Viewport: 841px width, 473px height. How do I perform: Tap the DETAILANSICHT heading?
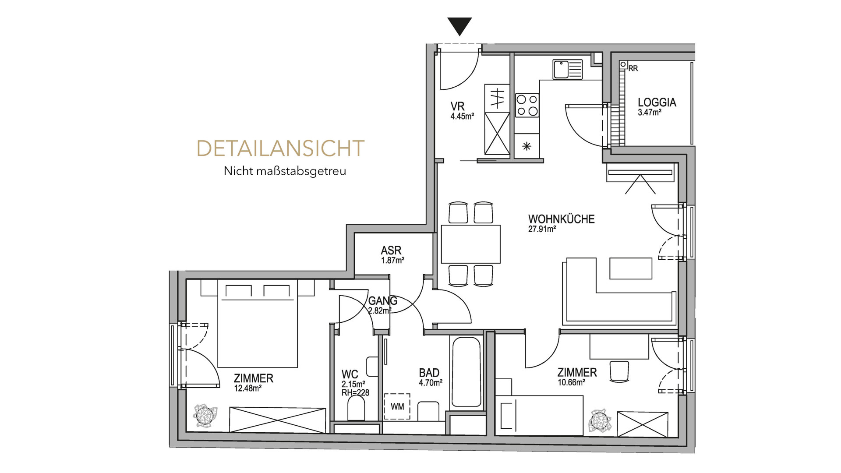(x=280, y=148)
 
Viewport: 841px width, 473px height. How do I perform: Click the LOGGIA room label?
(x=657, y=102)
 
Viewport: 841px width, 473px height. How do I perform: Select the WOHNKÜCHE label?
(x=562, y=219)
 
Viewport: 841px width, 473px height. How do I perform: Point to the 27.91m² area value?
(x=542, y=229)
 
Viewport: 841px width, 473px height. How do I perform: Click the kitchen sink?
(x=568, y=69)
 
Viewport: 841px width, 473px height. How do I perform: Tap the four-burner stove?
(x=527, y=105)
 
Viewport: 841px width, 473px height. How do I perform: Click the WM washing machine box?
(x=397, y=406)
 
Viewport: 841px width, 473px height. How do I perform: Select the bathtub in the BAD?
(x=466, y=372)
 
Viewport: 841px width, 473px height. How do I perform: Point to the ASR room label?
(x=391, y=251)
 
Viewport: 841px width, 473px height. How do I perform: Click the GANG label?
(x=383, y=301)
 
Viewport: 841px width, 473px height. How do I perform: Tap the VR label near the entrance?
(x=458, y=106)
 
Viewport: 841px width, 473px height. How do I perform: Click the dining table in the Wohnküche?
(x=471, y=244)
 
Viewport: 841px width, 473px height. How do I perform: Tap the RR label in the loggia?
(x=633, y=68)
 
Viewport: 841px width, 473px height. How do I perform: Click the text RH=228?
(x=355, y=393)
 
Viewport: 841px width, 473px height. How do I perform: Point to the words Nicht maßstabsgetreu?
(x=285, y=171)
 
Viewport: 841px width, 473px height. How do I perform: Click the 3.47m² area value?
(x=650, y=112)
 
